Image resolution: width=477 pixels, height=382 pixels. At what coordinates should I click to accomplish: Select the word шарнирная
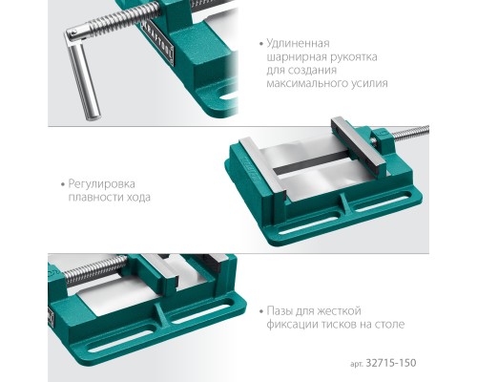(x=298, y=60)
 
